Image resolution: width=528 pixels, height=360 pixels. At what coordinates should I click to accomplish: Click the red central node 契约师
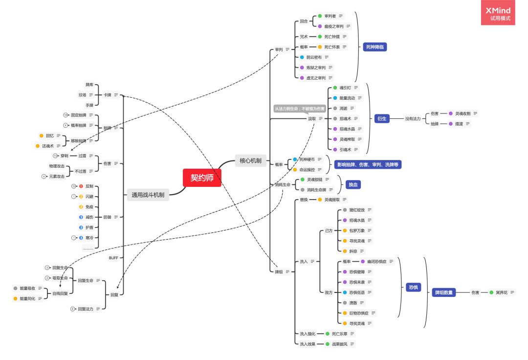click(202, 178)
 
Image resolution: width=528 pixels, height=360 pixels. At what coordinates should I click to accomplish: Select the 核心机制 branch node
click(250, 160)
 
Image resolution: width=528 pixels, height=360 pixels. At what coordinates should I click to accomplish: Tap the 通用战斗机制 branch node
click(148, 195)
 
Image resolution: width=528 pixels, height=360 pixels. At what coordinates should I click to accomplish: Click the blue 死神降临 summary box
click(375, 47)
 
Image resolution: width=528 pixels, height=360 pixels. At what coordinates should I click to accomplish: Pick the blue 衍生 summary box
click(382, 118)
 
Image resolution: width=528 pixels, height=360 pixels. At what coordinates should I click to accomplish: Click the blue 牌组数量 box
click(444, 292)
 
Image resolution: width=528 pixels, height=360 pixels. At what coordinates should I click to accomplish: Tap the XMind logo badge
click(498, 13)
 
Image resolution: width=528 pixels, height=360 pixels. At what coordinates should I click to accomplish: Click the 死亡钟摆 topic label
click(332, 37)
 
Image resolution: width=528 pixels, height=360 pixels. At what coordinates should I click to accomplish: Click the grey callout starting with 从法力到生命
click(299, 109)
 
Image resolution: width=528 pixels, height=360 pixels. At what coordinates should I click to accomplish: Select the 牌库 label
click(89, 85)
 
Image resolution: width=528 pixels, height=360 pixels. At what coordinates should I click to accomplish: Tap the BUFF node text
click(113, 257)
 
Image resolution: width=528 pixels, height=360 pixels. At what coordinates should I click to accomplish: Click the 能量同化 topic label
click(27, 298)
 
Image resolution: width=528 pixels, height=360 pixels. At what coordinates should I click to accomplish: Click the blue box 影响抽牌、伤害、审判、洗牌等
click(367, 164)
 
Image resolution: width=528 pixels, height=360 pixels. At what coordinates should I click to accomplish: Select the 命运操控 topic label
click(308, 170)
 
